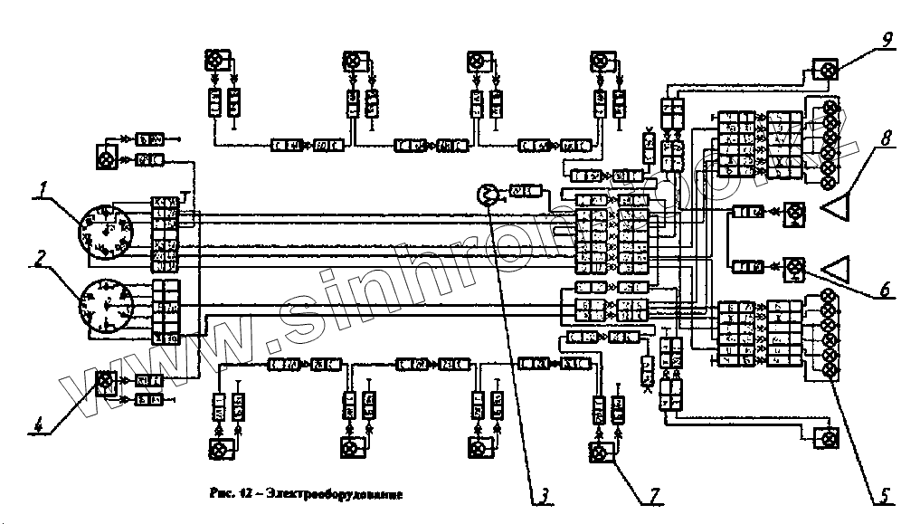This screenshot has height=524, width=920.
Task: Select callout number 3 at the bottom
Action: [x=545, y=494]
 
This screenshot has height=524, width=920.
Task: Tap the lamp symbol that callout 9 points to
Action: [x=824, y=71]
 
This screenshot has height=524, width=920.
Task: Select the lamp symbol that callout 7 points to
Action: [x=597, y=450]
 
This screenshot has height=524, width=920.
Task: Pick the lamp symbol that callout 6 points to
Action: [x=794, y=267]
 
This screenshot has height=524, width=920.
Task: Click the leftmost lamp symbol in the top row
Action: [x=216, y=62]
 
